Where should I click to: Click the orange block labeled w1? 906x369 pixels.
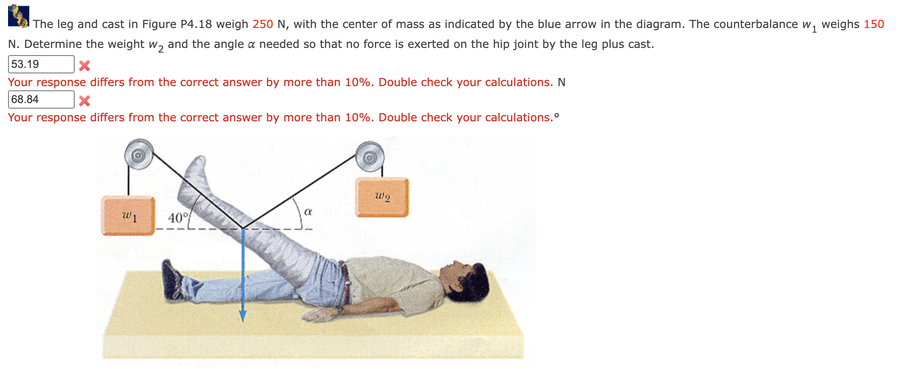128,215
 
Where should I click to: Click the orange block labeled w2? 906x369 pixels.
382,197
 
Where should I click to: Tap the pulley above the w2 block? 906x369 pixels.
369,157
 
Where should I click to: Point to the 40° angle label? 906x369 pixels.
178,218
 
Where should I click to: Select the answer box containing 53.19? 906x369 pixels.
41,64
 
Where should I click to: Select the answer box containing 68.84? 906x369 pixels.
41,100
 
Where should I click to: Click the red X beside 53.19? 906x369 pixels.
84,65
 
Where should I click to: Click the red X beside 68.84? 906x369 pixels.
84,101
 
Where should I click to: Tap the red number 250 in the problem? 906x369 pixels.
263,24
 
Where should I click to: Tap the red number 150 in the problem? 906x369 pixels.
874,24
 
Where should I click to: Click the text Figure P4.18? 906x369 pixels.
177,24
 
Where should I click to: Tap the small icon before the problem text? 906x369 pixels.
19,16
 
